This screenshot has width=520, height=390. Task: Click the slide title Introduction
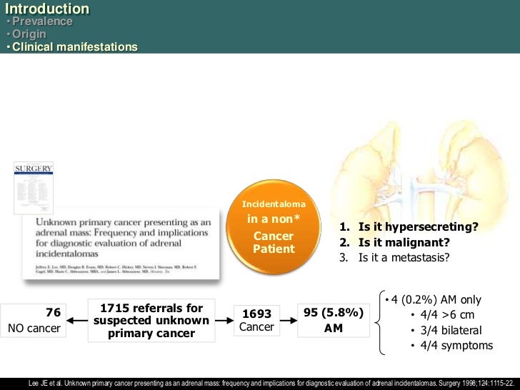tap(46, 9)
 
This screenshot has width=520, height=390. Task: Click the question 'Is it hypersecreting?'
tap(417, 227)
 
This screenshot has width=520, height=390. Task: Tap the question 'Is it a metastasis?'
tap(404, 256)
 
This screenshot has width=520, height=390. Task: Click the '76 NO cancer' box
tap(33, 320)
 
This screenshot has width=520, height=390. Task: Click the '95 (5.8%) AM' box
tap(334, 320)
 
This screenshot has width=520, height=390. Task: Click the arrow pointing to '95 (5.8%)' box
tap(289, 320)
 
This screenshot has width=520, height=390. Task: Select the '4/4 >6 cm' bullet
tap(447, 315)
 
